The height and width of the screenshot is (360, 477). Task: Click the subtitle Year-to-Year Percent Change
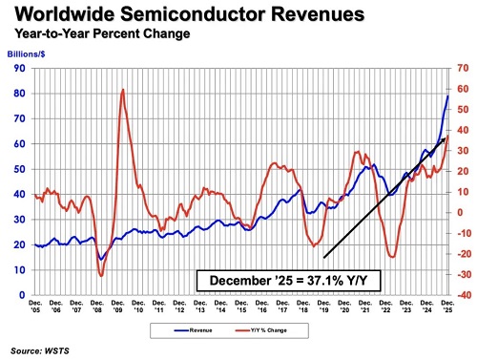pyautogui.click(x=99, y=35)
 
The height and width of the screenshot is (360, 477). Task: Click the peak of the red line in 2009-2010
pyautogui.click(x=123, y=90)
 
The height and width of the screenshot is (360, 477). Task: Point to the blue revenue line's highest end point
pyautogui.click(x=448, y=95)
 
